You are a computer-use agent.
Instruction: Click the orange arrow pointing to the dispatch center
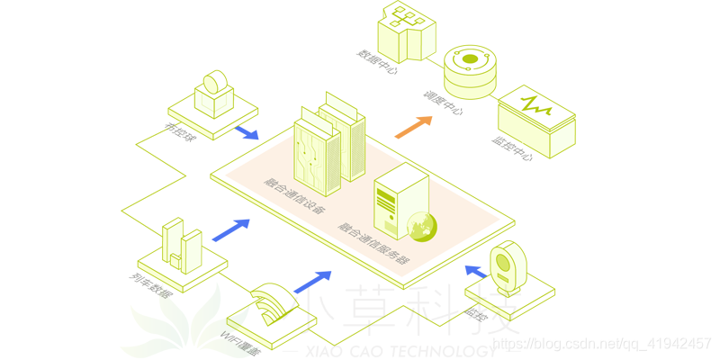[414, 126]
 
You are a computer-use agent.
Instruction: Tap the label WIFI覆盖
[240, 341]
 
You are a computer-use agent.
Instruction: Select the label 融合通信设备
[289, 192]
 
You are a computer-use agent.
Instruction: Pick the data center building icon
[404, 29]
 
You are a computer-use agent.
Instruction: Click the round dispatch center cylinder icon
[470, 71]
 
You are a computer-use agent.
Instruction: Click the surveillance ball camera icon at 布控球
[214, 93]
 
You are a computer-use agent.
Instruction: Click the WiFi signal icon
[271, 302]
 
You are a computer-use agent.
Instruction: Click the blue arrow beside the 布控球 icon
[244, 133]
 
